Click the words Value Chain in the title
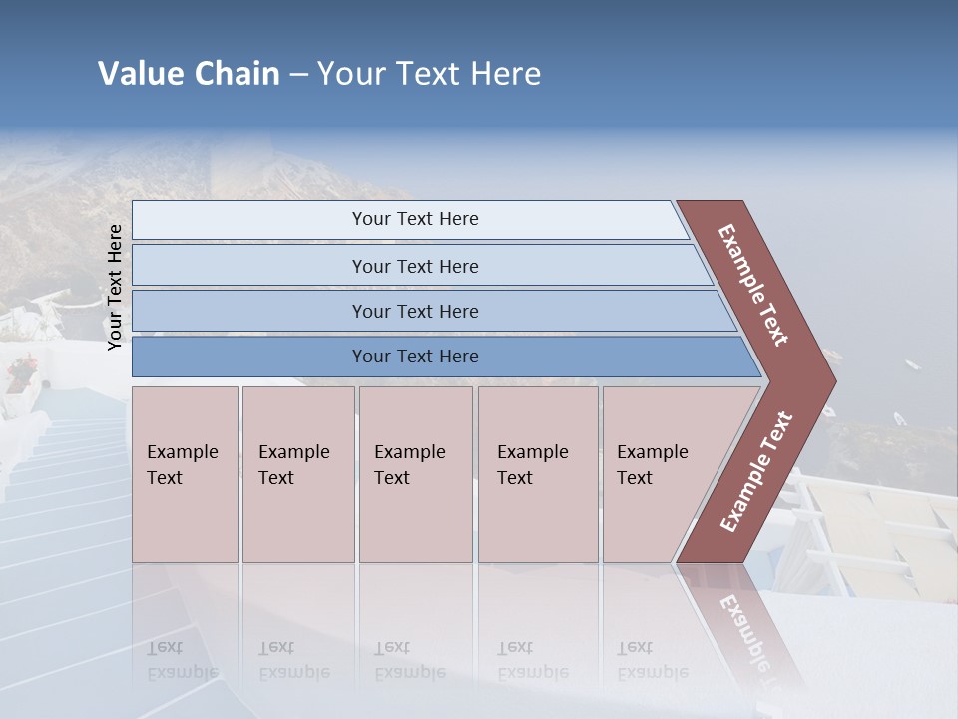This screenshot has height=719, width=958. pyautogui.click(x=189, y=74)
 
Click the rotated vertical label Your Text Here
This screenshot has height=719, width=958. pyautogui.click(x=115, y=287)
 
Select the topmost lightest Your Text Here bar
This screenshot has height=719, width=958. pyautogui.click(x=414, y=219)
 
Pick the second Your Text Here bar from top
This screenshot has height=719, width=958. pyautogui.click(x=414, y=266)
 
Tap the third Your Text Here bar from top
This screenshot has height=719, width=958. pyautogui.click(x=414, y=311)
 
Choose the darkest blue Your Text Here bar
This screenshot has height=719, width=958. pyautogui.click(x=414, y=357)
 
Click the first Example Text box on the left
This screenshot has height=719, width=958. pyautogui.click(x=185, y=474)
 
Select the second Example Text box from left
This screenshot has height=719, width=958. pyautogui.click(x=297, y=474)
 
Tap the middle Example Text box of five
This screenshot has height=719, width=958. pyautogui.click(x=414, y=474)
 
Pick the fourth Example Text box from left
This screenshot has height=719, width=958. pyautogui.click(x=537, y=474)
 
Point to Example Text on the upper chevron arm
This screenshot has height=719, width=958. pyautogui.click(x=753, y=285)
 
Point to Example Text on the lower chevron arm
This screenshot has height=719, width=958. pyautogui.click(x=756, y=472)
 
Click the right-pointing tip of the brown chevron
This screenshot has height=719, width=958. pyautogui.click(x=829, y=381)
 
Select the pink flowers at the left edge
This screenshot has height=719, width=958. pyautogui.click(x=21, y=372)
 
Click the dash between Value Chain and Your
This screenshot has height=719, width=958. pyautogui.click(x=298, y=75)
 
